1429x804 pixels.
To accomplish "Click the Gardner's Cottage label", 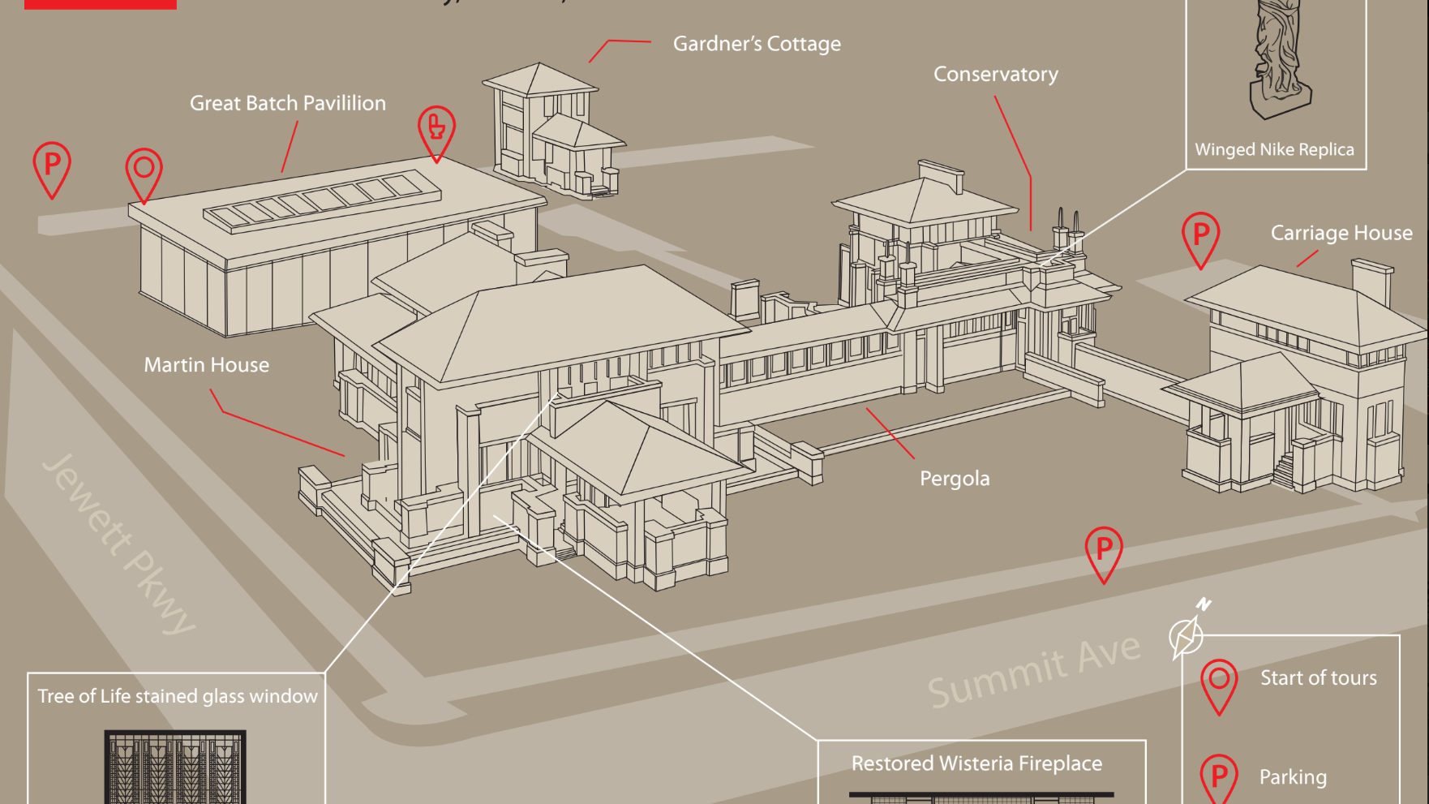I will (x=757, y=44).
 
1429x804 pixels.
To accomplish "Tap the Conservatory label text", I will (x=995, y=75).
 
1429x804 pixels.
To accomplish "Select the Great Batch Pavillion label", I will (x=287, y=104).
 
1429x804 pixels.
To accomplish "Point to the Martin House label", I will (x=206, y=365).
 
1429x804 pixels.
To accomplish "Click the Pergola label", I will (x=954, y=479).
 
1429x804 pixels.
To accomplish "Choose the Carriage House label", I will (x=1341, y=234).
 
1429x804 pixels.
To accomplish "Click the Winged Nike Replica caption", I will (x=1273, y=150).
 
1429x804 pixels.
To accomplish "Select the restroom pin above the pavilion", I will (x=436, y=130).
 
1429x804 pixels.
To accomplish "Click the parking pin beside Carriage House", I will (x=1200, y=237).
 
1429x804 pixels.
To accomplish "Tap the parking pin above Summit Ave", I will (x=1103, y=552).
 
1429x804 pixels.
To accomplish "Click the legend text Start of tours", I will (x=1318, y=678).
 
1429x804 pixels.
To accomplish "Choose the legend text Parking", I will (x=1292, y=777).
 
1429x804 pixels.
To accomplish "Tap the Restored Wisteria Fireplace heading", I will (x=976, y=763).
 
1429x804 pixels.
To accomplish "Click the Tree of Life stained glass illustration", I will (x=175, y=767).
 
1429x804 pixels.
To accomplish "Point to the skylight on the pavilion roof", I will (x=322, y=200).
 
